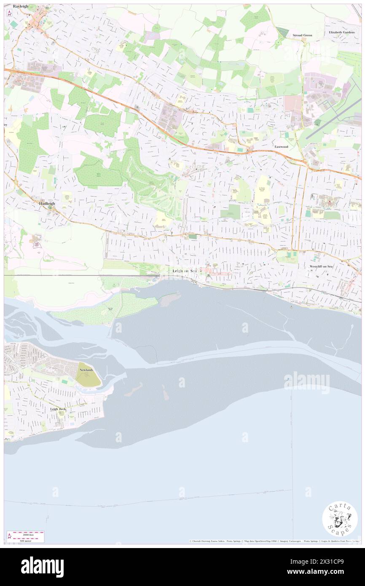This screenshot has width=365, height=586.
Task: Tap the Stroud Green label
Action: click(x=302, y=35)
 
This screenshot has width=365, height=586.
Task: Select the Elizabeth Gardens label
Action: click(x=344, y=32)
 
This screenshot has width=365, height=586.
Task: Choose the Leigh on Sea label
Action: click(x=184, y=271)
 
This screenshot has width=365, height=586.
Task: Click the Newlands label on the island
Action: click(x=86, y=370)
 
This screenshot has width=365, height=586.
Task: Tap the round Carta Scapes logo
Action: click(x=340, y=519)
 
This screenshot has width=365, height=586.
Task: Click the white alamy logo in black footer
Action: click(x=42, y=567)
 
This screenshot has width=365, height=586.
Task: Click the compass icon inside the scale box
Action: click(x=10, y=537)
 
